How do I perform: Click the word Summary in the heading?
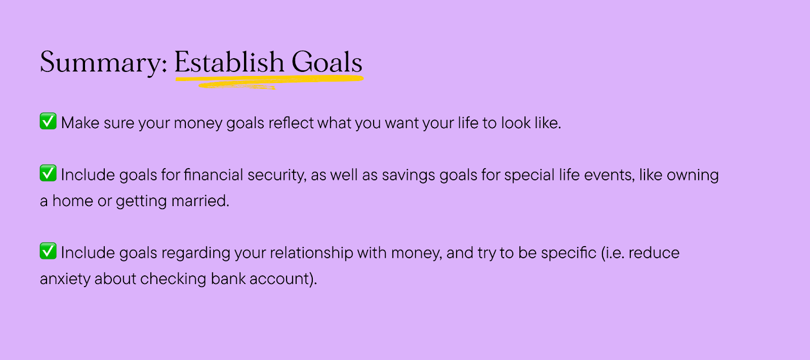tap(103, 63)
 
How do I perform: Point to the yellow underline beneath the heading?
tap(269, 82)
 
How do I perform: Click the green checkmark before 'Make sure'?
tap(48, 121)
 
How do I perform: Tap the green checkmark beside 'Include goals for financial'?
tap(48, 173)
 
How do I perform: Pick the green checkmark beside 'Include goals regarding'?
tap(48, 251)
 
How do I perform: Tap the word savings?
tap(408, 176)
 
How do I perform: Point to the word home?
tap(73, 201)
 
